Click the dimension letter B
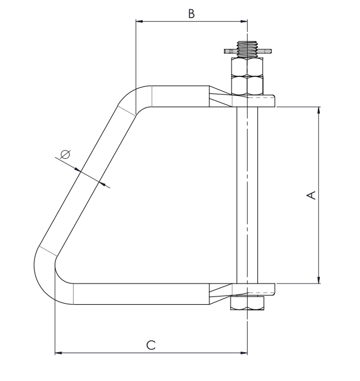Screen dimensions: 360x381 coord(191,14)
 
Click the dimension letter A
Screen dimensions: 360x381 coord(311,195)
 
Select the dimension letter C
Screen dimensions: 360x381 coord(151,345)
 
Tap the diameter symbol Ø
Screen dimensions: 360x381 coord(65,154)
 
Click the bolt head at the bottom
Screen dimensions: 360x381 coord(247,303)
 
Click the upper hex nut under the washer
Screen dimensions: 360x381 coord(247,67)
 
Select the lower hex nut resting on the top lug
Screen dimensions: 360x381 coord(247,85)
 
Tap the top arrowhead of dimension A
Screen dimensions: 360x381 coord(319,110)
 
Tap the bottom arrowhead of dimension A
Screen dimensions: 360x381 coord(319,280)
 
